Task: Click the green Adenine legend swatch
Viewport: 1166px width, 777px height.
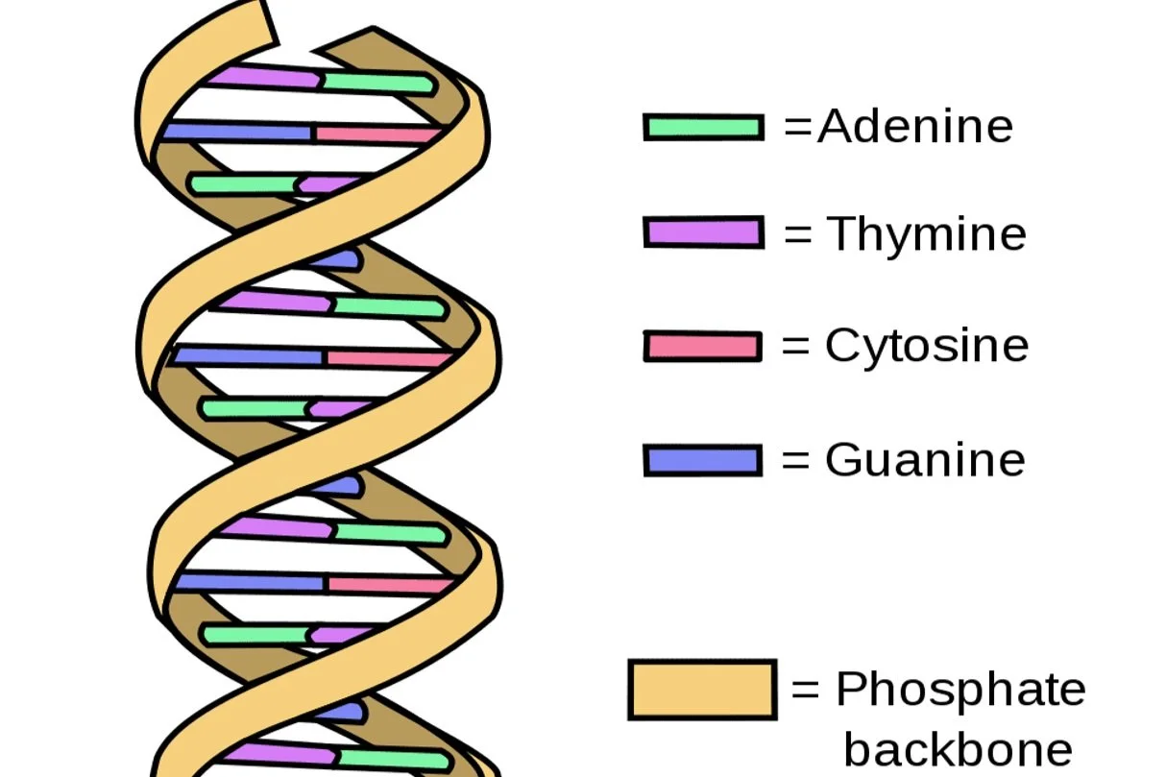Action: pyautogui.click(x=704, y=127)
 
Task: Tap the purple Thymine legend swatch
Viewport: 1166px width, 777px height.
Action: pyautogui.click(x=704, y=232)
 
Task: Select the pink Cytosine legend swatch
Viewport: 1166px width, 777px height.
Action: pyautogui.click(x=703, y=346)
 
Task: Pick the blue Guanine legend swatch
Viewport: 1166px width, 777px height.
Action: pyautogui.click(x=703, y=460)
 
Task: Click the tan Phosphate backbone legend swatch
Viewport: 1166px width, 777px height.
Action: pyautogui.click(x=702, y=690)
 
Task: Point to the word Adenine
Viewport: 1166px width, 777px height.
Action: pyautogui.click(x=915, y=126)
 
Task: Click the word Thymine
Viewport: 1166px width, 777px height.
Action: pyautogui.click(x=926, y=233)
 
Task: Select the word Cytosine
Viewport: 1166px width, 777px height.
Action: pyautogui.click(x=926, y=346)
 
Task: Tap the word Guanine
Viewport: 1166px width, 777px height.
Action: pyautogui.click(x=924, y=460)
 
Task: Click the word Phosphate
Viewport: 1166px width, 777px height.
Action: pyautogui.click(x=960, y=689)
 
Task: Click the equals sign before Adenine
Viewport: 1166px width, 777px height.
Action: pyautogui.click(x=798, y=127)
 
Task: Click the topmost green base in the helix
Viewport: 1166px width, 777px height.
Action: pyautogui.click(x=377, y=84)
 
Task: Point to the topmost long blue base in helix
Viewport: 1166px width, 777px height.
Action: pyautogui.click(x=238, y=131)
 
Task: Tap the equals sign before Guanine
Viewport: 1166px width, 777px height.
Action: pyautogui.click(x=796, y=460)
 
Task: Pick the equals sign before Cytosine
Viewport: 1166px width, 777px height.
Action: pyautogui.click(x=796, y=346)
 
